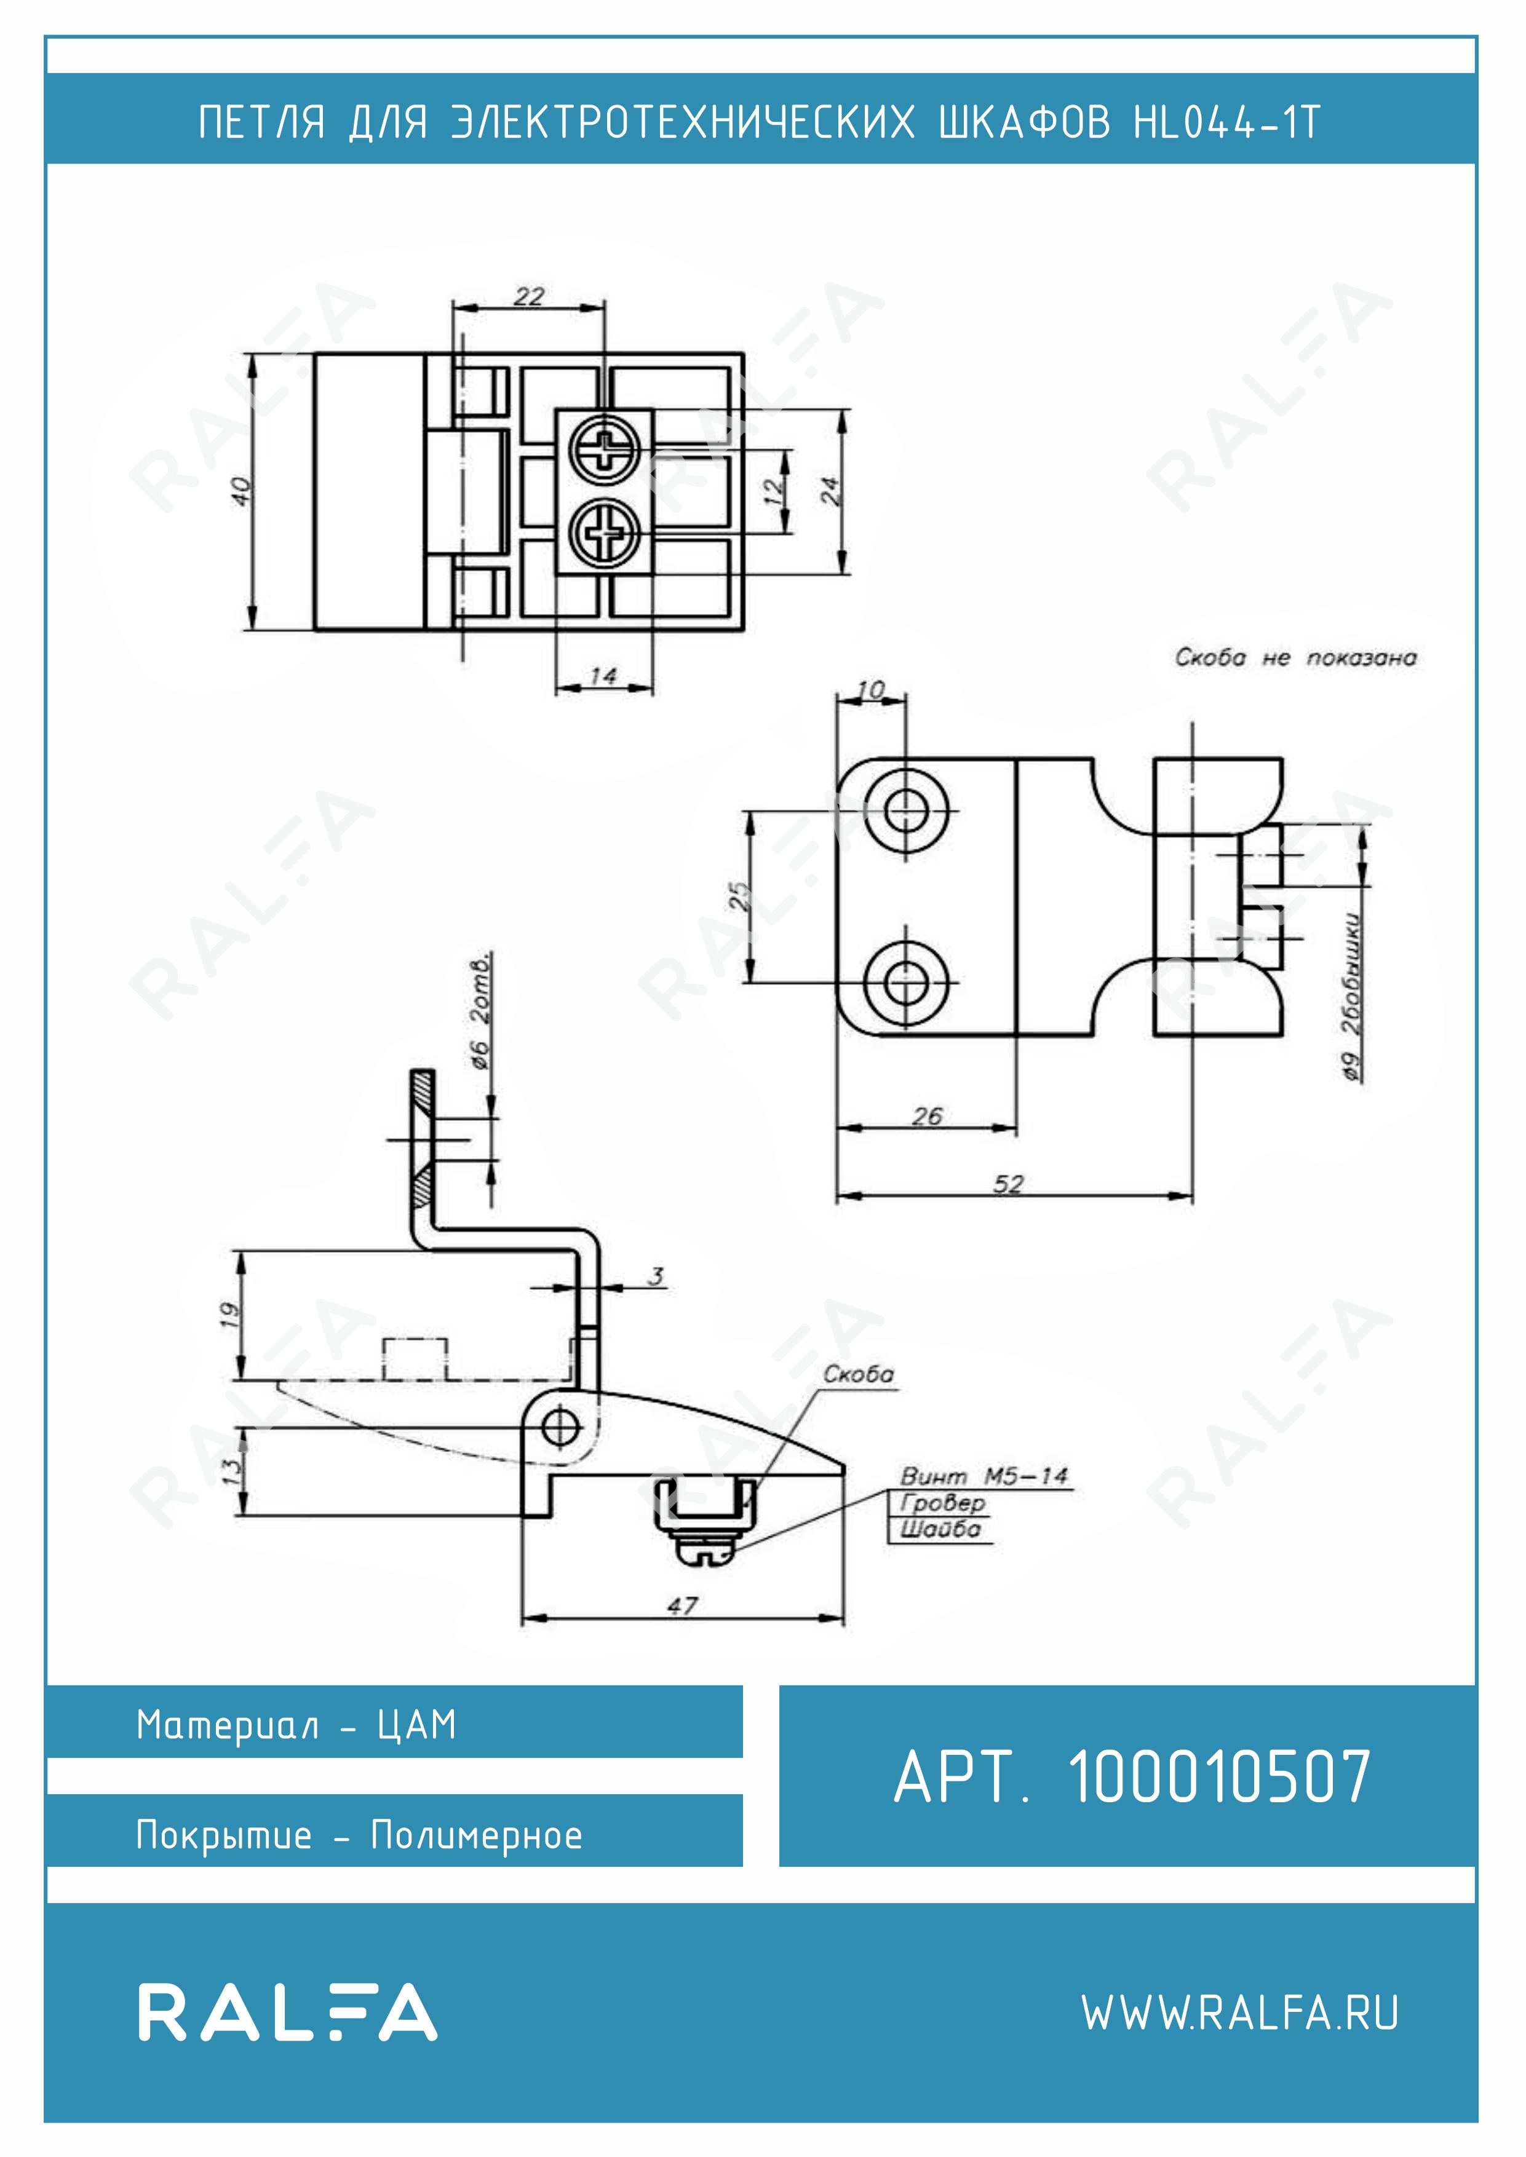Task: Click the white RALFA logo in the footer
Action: point(287,2013)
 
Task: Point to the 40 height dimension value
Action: point(242,491)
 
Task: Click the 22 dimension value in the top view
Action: point(529,297)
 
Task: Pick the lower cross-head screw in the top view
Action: point(605,534)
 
